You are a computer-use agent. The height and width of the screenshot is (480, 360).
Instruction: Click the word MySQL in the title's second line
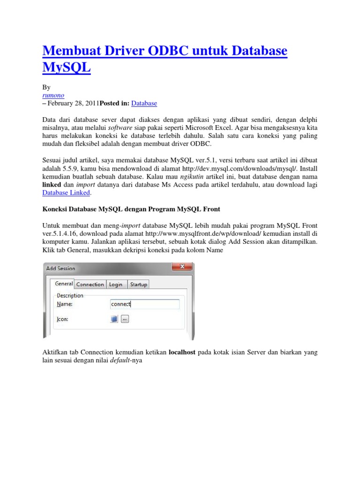(66, 67)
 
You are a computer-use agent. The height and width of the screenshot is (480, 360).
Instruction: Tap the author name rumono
(53, 95)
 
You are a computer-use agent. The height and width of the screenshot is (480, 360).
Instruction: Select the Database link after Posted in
(144, 103)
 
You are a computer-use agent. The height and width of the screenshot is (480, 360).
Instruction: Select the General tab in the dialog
(64, 284)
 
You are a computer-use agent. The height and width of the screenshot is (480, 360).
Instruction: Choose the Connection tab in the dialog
(90, 285)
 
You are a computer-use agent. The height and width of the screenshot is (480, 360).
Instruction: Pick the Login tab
(115, 285)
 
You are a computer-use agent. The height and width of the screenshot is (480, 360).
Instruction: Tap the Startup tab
(139, 285)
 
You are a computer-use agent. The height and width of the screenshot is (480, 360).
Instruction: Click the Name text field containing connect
(144, 304)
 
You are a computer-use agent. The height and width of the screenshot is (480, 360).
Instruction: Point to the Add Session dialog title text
(60, 269)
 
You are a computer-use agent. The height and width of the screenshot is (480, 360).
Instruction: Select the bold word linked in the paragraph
(52, 185)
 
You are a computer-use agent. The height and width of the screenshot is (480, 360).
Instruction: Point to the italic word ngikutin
(194, 177)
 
